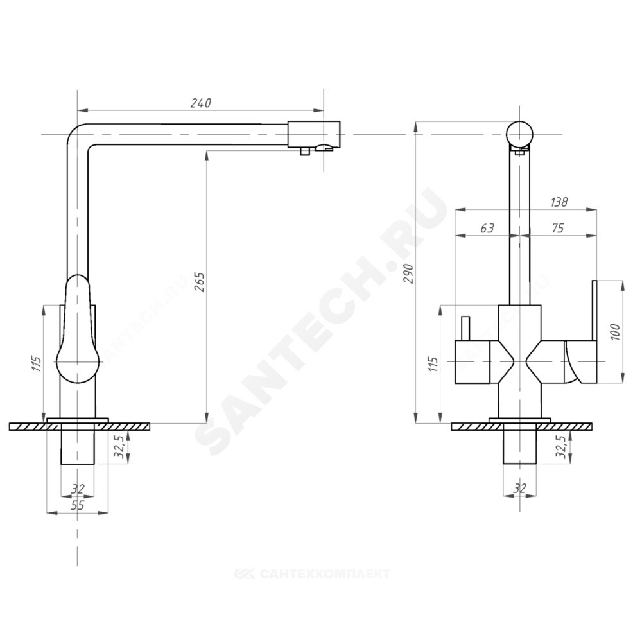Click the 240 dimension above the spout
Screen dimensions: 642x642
tap(201, 103)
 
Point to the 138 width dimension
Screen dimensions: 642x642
tap(559, 202)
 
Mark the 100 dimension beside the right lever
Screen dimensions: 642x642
tap(614, 331)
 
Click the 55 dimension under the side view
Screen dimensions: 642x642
tap(77, 505)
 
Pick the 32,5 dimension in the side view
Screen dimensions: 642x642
tap(119, 446)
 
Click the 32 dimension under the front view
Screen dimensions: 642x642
tap(520, 489)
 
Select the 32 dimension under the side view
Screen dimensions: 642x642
tap(78, 489)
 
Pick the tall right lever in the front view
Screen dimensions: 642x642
tap(595, 311)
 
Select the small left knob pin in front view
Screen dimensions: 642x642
tap(465, 329)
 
